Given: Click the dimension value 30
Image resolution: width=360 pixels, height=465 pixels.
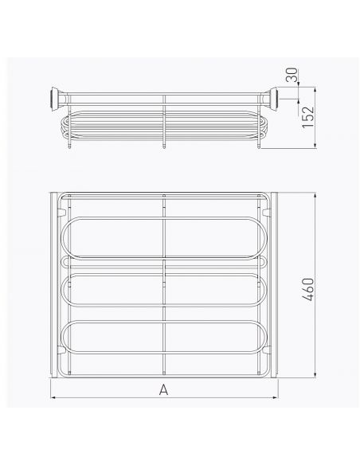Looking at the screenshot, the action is pos(292,75).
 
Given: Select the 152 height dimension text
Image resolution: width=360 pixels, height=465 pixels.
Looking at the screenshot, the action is pos(308,117).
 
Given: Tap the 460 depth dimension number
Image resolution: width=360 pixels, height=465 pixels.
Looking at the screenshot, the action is pos(308,289).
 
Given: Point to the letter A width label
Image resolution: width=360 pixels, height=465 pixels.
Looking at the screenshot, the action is pos(163,389).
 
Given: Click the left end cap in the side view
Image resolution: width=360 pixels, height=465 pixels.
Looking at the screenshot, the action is pos(55,99).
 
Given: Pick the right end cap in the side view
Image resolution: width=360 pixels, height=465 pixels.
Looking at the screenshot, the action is pos(272,99).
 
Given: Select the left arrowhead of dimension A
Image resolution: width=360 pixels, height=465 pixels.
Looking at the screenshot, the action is pos(54,397).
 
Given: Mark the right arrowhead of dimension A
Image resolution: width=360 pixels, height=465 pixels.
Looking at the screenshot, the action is pos(275,397).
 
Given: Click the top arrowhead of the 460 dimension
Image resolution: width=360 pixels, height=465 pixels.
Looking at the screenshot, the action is pos(315,195).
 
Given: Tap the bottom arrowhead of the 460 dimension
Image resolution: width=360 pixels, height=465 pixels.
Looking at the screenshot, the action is pos(315,374).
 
